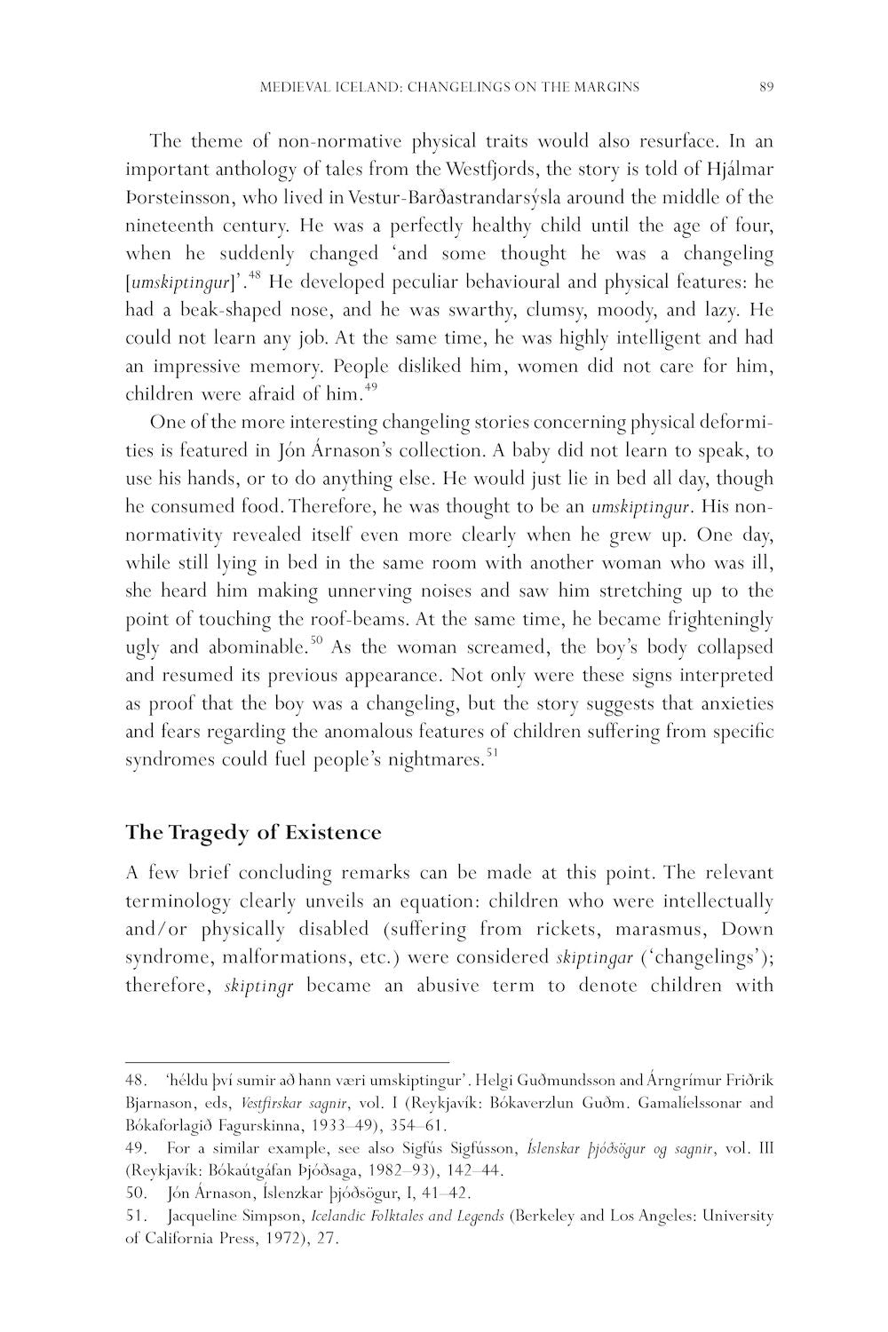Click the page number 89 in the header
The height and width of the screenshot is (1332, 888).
[767, 87]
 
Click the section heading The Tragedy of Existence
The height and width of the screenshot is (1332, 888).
[253, 833]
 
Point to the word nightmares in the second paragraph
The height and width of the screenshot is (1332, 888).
[435, 761]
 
